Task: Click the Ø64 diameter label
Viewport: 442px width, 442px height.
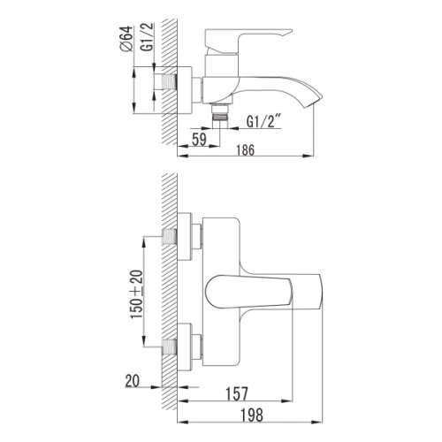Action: coord(126,39)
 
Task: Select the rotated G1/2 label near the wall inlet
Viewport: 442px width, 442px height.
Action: coord(149,37)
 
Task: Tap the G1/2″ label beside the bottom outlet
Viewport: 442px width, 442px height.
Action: coord(263,121)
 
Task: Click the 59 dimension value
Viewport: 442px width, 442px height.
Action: coord(199,139)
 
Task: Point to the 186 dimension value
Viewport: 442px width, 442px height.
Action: coord(245,150)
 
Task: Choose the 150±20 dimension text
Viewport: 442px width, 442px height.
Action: coord(137,294)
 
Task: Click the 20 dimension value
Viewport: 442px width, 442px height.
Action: coord(133,381)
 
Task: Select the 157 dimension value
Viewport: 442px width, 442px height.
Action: coord(237,394)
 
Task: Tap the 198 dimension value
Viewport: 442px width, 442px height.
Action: coord(252,415)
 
